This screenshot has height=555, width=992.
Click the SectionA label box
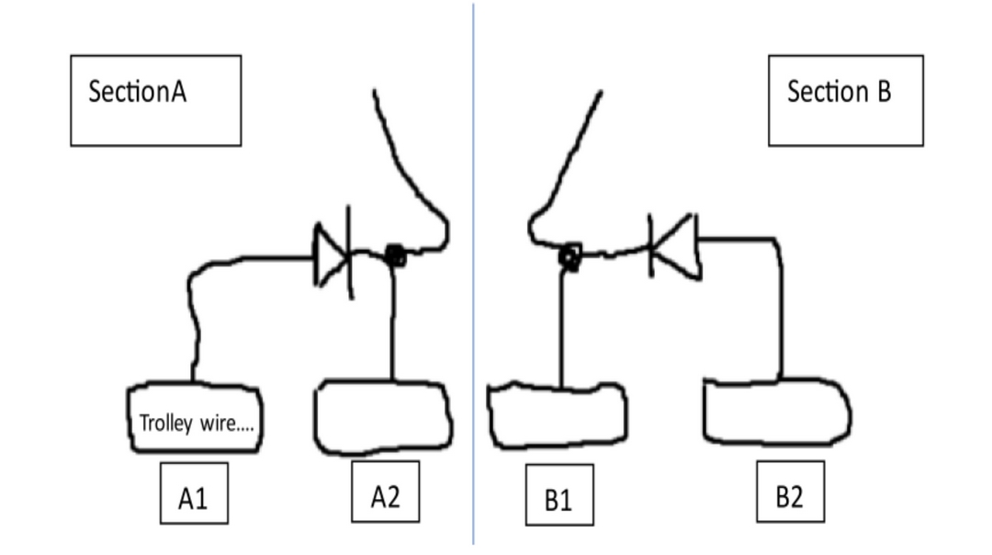[155, 99]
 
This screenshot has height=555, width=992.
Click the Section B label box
[846, 99]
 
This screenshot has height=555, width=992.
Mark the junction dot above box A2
[395, 256]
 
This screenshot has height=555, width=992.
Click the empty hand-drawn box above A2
[384, 419]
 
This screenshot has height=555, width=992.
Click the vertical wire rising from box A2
[393, 322]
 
